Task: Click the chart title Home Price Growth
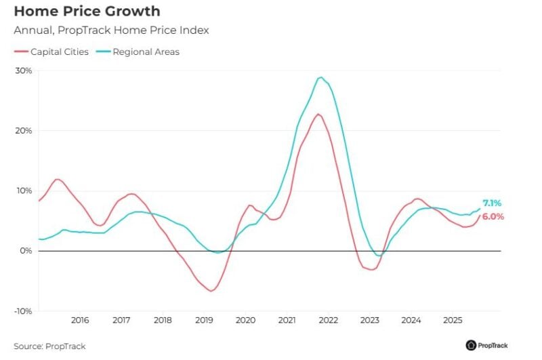coord(87,12)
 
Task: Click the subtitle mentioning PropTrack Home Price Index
coord(111,30)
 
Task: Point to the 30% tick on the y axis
coord(24,71)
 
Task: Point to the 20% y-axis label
coord(24,131)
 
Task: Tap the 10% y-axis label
coord(24,191)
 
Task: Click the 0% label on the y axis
coord(26,251)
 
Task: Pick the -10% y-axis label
coord(22,311)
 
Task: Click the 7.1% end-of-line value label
coord(493,203)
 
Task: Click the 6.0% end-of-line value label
coord(493,217)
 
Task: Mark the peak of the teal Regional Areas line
coord(320,77)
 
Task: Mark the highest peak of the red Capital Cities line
coord(318,114)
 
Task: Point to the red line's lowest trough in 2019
coord(211,291)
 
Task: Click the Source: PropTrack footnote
coord(49,346)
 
